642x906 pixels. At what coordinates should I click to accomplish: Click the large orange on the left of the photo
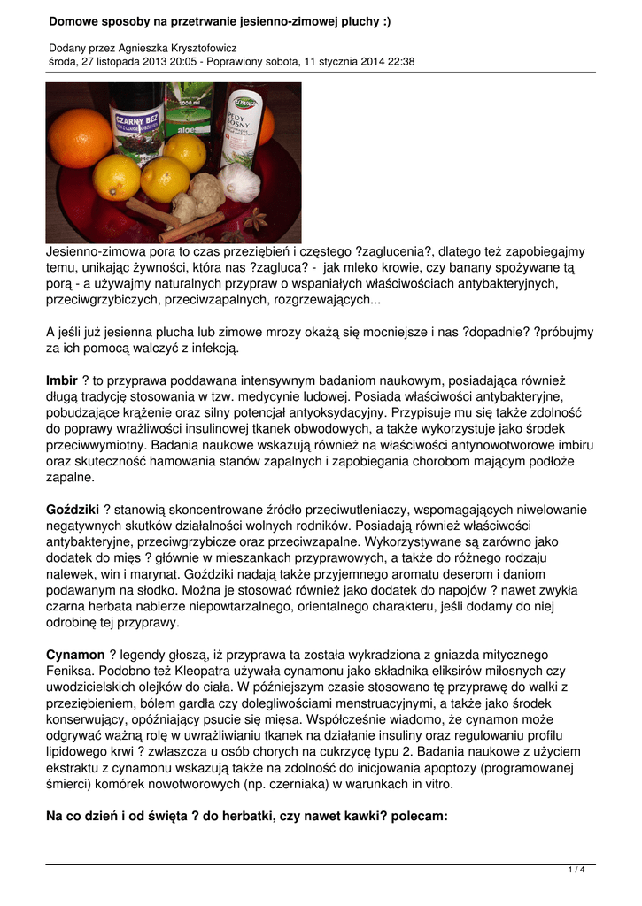pos(81,138)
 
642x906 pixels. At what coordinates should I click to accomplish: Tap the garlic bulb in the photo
pos(239,184)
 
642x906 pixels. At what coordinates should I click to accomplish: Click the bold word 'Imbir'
pos(62,380)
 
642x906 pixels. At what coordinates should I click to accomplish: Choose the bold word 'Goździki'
pos(73,510)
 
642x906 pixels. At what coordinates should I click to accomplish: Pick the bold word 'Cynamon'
pos(75,655)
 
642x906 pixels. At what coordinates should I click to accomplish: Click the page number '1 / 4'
pos(576,870)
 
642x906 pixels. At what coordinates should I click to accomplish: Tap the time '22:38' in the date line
pos(398,62)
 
